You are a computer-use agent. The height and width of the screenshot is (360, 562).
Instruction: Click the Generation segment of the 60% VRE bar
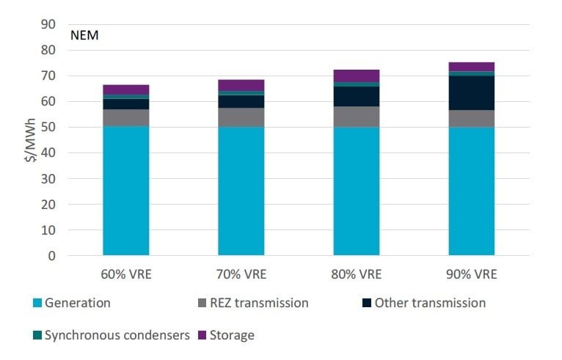tap(126, 191)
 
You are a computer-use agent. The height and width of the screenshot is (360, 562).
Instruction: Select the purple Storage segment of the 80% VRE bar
tap(356, 76)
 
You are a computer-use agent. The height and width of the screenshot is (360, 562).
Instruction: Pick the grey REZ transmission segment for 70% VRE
tap(241, 117)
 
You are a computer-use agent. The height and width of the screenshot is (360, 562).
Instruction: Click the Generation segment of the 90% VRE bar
tap(471, 191)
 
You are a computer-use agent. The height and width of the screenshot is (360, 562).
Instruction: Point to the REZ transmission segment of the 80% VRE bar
tap(356, 117)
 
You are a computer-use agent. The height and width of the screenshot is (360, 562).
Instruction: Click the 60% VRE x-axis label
tap(126, 275)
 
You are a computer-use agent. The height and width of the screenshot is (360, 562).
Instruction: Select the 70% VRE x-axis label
tap(241, 275)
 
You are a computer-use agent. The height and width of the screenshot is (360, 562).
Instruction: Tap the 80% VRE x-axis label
tap(356, 275)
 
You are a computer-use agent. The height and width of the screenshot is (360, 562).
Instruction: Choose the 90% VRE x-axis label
tap(471, 275)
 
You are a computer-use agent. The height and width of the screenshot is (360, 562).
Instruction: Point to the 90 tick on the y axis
tap(49, 24)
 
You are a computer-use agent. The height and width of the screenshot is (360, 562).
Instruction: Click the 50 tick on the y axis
tap(49, 128)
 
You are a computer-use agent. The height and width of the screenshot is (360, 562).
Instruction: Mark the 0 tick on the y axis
tap(52, 256)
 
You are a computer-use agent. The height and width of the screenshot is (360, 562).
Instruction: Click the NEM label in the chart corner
tap(84, 34)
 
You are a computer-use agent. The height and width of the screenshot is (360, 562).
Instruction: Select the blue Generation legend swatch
tap(37, 303)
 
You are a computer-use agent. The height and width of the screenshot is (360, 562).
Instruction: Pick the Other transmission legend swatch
tap(365, 303)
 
